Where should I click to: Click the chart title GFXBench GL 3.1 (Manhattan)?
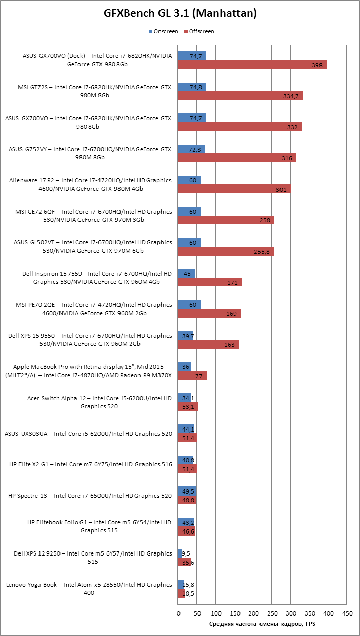[x=180, y=14]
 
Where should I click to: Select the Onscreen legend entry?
[x=163, y=31]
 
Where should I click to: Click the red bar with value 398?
[x=252, y=65]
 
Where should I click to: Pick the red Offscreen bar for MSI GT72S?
[x=241, y=96]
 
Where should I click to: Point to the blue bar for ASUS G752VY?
[x=191, y=149]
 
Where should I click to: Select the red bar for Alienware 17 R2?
[x=234, y=189]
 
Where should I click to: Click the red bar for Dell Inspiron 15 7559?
[x=210, y=282]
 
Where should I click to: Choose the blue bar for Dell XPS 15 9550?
[x=185, y=336]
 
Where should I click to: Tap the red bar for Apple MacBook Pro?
[x=192, y=376]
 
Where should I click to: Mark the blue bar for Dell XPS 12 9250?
[x=180, y=553]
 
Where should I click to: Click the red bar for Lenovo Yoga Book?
[x=182, y=593]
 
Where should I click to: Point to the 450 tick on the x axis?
[x=347, y=613]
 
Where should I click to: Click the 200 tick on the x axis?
[x=253, y=613]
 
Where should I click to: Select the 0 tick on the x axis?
[x=178, y=613]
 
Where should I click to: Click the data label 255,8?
[x=262, y=252]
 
